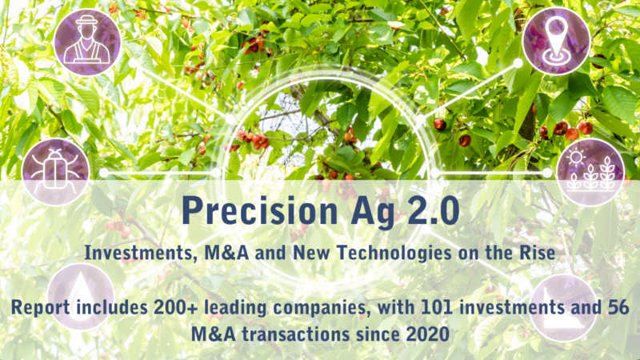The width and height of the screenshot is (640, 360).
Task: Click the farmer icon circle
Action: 87,42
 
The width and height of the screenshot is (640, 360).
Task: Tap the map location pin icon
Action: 556,42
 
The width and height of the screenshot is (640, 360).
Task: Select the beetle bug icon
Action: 55,172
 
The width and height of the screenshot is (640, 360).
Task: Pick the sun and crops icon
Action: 590,172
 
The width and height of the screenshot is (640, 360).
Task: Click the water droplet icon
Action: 81,297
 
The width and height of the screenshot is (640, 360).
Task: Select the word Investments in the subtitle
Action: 138,253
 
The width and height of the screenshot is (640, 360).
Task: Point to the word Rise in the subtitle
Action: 537,253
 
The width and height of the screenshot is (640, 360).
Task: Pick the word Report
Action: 41,308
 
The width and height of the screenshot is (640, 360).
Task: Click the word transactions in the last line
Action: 295,334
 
